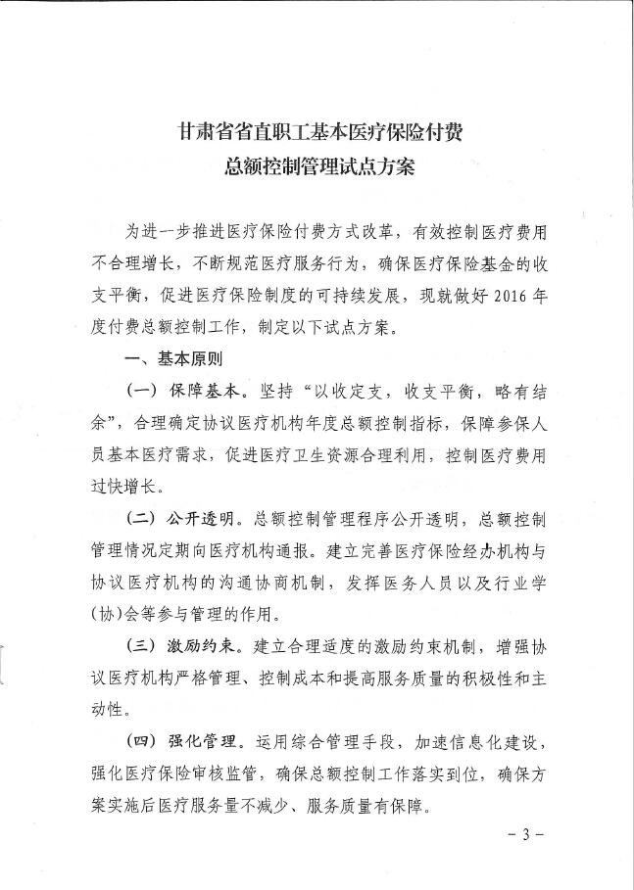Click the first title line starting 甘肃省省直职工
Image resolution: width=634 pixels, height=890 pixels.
point(319,130)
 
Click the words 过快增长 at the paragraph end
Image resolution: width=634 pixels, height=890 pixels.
point(126,487)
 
